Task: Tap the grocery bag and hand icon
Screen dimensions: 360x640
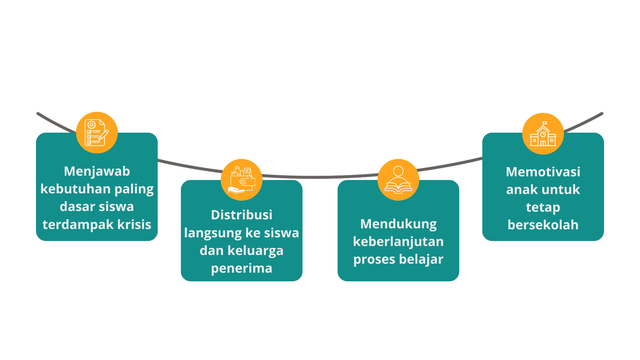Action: pos(242,180)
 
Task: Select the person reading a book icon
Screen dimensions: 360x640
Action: pos(398,180)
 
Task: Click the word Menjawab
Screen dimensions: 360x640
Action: pos(97,171)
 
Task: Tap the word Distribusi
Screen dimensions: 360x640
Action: pos(242,215)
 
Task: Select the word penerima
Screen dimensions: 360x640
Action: pos(242,268)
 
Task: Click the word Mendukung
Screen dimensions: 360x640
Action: pos(398,224)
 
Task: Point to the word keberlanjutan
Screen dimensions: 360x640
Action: pos(398,242)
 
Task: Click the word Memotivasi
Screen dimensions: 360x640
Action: pos(543,172)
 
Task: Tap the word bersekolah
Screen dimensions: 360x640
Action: pos(543,225)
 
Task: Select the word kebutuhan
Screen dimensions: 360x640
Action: pos(75,189)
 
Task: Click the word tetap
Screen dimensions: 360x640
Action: pos(543,207)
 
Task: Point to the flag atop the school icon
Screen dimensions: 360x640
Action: pos(545,123)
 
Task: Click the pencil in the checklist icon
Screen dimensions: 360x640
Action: pos(104,135)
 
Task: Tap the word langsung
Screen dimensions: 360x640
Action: pos(213,233)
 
